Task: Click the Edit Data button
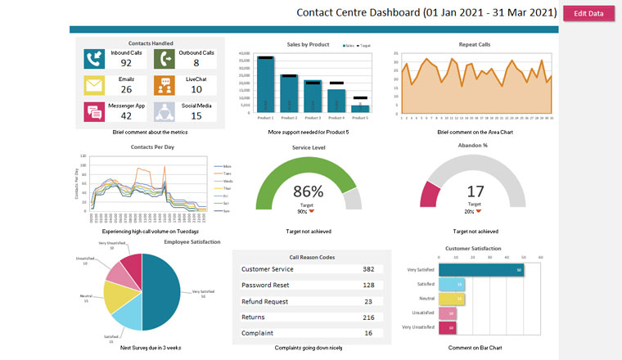click(x=588, y=13)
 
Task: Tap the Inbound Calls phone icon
click(x=93, y=58)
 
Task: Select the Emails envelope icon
click(x=93, y=85)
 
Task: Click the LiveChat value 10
click(x=196, y=89)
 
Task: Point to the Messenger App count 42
click(x=126, y=116)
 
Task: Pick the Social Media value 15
click(x=196, y=116)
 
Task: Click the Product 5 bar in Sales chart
click(x=360, y=108)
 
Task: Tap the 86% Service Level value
click(x=308, y=191)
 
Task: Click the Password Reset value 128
click(x=368, y=285)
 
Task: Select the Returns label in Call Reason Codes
click(x=254, y=317)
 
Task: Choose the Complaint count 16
click(x=368, y=333)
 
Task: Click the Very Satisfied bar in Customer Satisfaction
click(x=481, y=270)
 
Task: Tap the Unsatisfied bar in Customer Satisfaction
click(x=447, y=313)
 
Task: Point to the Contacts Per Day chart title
click(x=152, y=147)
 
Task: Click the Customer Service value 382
click(x=368, y=269)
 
